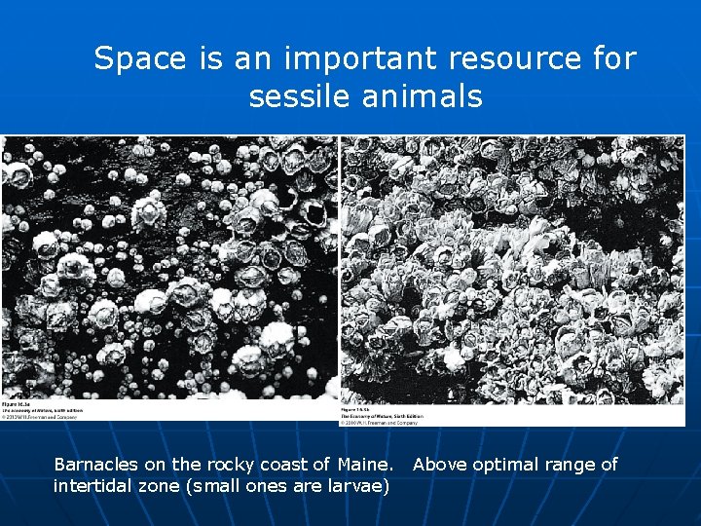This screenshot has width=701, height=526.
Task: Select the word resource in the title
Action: [511, 59]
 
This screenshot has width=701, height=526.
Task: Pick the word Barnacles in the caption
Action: [95, 465]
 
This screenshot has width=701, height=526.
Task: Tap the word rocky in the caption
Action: [235, 465]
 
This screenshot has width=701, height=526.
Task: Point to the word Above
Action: [440, 465]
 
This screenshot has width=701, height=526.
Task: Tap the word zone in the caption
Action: [161, 485]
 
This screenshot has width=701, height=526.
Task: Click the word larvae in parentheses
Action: [357, 485]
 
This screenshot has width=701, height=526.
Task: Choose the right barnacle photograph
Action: [512, 268]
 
